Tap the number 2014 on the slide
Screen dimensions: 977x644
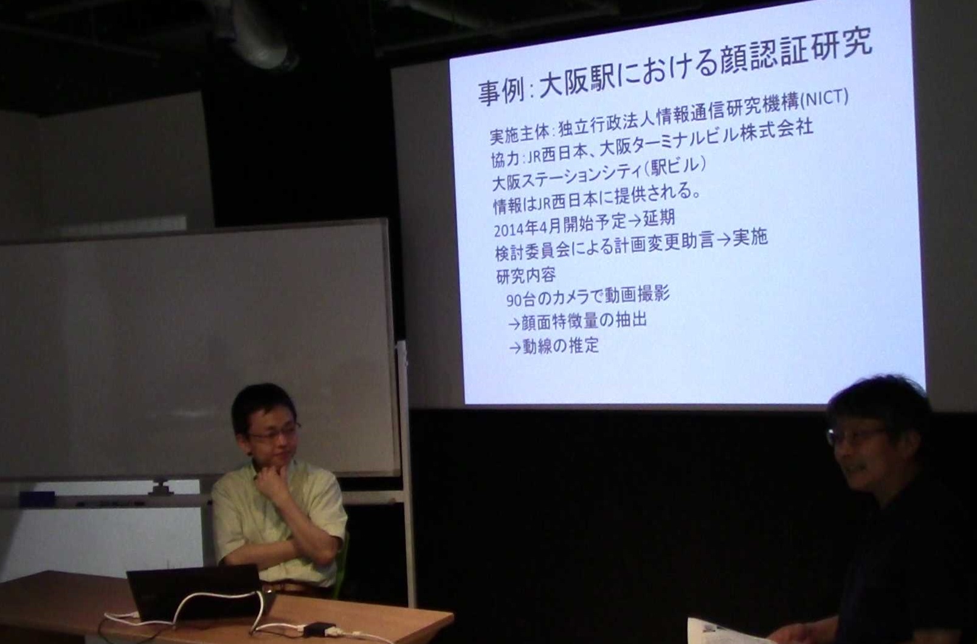pos(509,229)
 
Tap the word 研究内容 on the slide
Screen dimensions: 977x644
pos(525,275)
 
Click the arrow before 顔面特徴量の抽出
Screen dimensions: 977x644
pos(514,324)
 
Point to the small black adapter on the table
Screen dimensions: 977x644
pos(320,629)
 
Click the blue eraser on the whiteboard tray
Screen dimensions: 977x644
pos(37,496)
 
